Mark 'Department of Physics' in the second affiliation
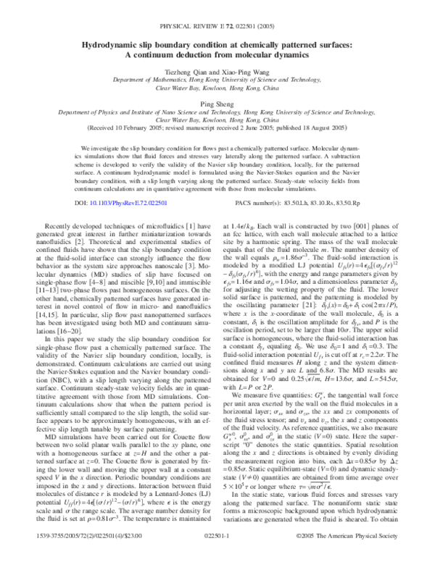point(94,113)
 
